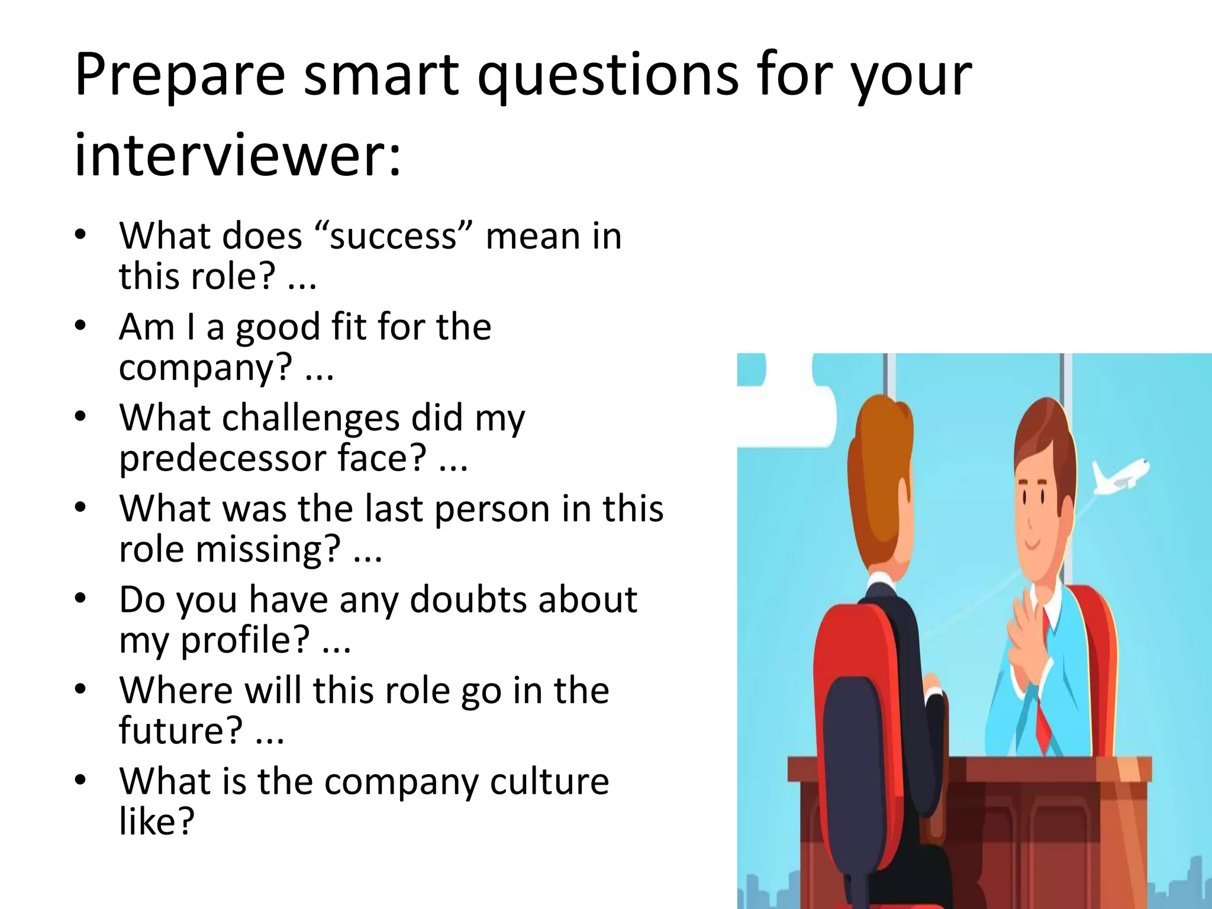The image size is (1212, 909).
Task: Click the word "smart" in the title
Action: coord(381,76)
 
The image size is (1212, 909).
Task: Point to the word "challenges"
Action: coord(312,418)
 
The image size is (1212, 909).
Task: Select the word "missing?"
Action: coord(269,549)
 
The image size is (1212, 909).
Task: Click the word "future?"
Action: coord(180,730)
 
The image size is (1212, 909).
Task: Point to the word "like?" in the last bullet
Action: coord(157,821)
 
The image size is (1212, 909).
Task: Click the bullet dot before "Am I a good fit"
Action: coord(80,325)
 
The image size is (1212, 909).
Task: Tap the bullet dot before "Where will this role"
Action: coord(80,689)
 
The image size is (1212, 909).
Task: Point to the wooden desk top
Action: coord(971,769)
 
